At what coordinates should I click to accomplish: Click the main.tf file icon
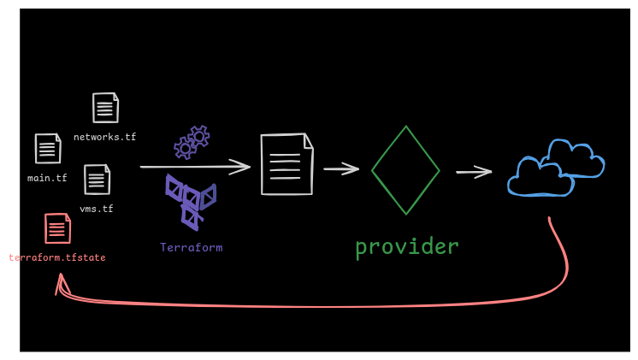48,149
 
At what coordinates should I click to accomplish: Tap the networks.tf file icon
105,108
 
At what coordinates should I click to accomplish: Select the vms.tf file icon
97,180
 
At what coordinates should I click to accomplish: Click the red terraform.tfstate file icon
57,228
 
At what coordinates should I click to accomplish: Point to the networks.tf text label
104,137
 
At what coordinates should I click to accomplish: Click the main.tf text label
47,178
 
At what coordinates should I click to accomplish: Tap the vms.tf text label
97,209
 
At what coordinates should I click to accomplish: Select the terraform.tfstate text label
57,257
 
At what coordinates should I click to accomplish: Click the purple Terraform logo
190,202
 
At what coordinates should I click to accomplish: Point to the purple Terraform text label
191,247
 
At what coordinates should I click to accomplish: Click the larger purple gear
199,136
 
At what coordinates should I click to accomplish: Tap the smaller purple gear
185,149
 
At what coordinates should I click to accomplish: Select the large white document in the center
287,163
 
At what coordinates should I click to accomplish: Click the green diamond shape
405,170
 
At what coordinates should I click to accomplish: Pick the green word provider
406,246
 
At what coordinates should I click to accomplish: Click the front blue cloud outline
539,178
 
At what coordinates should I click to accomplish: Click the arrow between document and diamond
341,168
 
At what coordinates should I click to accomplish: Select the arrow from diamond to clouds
474,172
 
